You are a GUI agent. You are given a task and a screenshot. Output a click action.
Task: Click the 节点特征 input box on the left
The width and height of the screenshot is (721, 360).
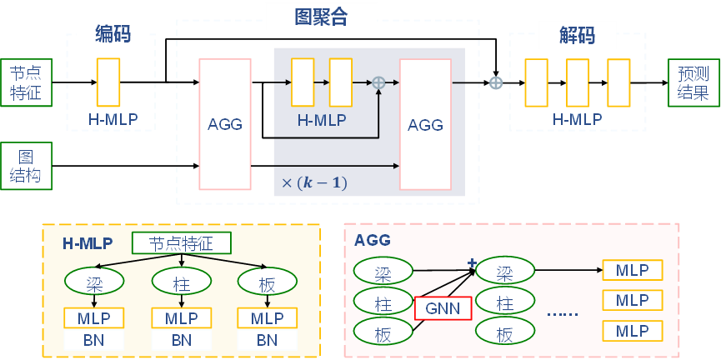click(x=26, y=82)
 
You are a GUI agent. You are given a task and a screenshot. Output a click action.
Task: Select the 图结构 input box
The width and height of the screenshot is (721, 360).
click(x=26, y=166)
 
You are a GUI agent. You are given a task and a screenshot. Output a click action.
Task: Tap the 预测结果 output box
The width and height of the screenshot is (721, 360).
click(x=692, y=82)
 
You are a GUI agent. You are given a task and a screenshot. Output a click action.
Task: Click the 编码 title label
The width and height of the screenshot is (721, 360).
click(x=113, y=34)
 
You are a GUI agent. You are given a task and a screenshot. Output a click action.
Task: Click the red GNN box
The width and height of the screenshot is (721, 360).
click(x=443, y=307)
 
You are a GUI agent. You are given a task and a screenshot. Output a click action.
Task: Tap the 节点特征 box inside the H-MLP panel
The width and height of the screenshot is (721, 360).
click(x=181, y=243)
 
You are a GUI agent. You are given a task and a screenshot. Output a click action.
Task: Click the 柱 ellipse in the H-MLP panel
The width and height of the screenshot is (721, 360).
click(x=181, y=282)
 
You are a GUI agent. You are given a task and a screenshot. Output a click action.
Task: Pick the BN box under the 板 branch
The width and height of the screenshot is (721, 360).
click(x=267, y=340)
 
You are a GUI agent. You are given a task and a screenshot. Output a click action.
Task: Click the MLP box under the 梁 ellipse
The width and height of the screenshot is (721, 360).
click(x=94, y=318)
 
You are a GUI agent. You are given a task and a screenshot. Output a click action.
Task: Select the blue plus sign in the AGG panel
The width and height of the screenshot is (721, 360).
click(x=472, y=263)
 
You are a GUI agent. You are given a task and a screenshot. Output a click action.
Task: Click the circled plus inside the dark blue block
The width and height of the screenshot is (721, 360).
click(x=378, y=82)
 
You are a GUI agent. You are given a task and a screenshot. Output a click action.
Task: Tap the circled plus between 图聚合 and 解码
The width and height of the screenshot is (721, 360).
click(x=496, y=82)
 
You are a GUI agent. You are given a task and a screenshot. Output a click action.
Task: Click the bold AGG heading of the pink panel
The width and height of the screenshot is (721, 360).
click(x=373, y=241)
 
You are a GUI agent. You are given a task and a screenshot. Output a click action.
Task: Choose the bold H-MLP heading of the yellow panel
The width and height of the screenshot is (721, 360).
click(x=88, y=243)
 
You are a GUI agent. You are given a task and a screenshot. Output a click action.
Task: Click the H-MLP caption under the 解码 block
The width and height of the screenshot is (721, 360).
click(x=578, y=120)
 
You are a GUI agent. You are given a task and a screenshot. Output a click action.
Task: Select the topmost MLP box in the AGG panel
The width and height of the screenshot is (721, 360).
click(x=632, y=270)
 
